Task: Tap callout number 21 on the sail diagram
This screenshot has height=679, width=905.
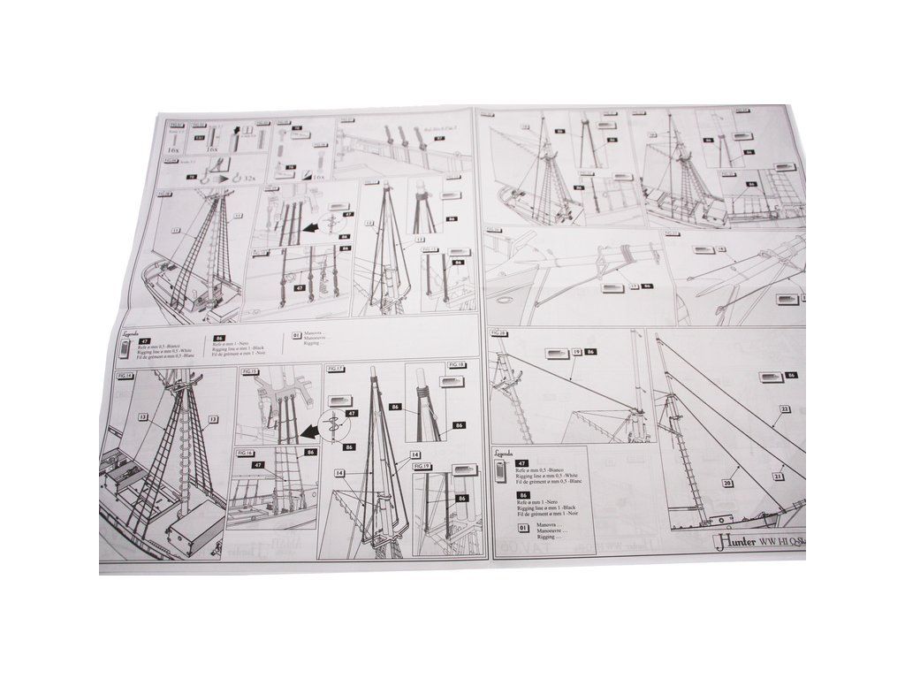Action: pyautogui.click(x=779, y=476)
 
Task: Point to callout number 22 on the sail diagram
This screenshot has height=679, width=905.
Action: pyautogui.click(x=784, y=408)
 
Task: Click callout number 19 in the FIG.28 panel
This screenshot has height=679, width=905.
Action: pyautogui.click(x=576, y=352)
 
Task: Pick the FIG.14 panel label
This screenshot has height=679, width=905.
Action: pyautogui.click(x=125, y=376)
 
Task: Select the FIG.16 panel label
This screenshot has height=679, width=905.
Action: pyautogui.click(x=246, y=451)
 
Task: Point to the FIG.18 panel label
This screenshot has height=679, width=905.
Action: pyautogui.click(x=457, y=364)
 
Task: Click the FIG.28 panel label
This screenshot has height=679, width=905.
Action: pyautogui.click(x=498, y=333)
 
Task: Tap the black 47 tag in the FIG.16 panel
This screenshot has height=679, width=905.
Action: pyautogui.click(x=259, y=463)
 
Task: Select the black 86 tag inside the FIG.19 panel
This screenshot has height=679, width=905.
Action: pyautogui.click(x=460, y=499)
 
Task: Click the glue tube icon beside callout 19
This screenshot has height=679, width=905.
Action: pyautogui.click(x=555, y=352)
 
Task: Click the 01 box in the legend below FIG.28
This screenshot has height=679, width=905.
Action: pyautogui.click(x=523, y=528)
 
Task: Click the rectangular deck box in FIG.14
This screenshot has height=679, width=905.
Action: pyautogui.click(x=196, y=529)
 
